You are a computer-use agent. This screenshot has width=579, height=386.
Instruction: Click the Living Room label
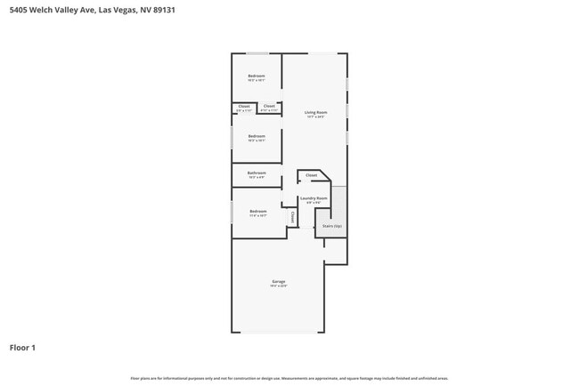[315, 112]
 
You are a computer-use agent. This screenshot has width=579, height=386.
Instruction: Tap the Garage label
[279, 282]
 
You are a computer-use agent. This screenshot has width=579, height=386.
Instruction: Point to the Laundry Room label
[314, 197]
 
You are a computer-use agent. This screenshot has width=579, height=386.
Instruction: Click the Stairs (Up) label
[332, 226]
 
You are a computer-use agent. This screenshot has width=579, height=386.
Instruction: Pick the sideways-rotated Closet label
[291, 216]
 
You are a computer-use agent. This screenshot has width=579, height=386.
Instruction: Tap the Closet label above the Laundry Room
[311, 175]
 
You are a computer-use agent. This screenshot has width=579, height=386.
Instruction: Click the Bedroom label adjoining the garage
[257, 211]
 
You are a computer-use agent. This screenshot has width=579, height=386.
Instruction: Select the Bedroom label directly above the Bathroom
[257, 136]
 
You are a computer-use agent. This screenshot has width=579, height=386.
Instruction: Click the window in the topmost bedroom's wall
[257, 53]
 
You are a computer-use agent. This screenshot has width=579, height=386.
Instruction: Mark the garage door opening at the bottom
[278, 333]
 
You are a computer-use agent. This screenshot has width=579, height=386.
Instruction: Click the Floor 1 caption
[22, 347]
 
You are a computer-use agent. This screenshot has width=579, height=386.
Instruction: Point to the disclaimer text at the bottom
[289, 378]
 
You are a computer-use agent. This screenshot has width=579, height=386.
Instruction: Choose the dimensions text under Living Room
[315, 117]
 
